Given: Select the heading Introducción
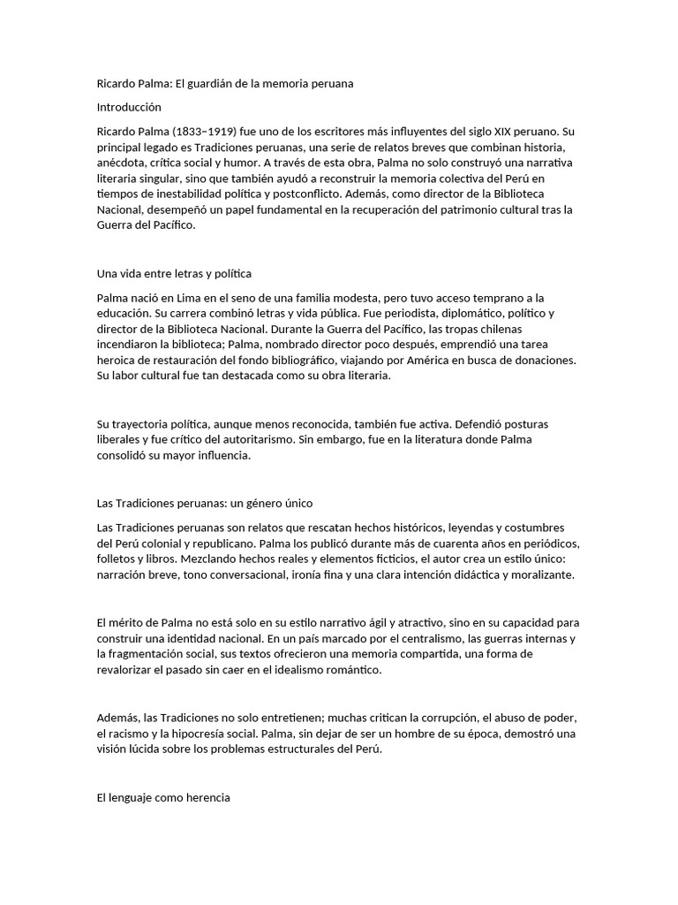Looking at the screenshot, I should coord(129,106).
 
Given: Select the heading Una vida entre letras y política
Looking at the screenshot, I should coord(174,273).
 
